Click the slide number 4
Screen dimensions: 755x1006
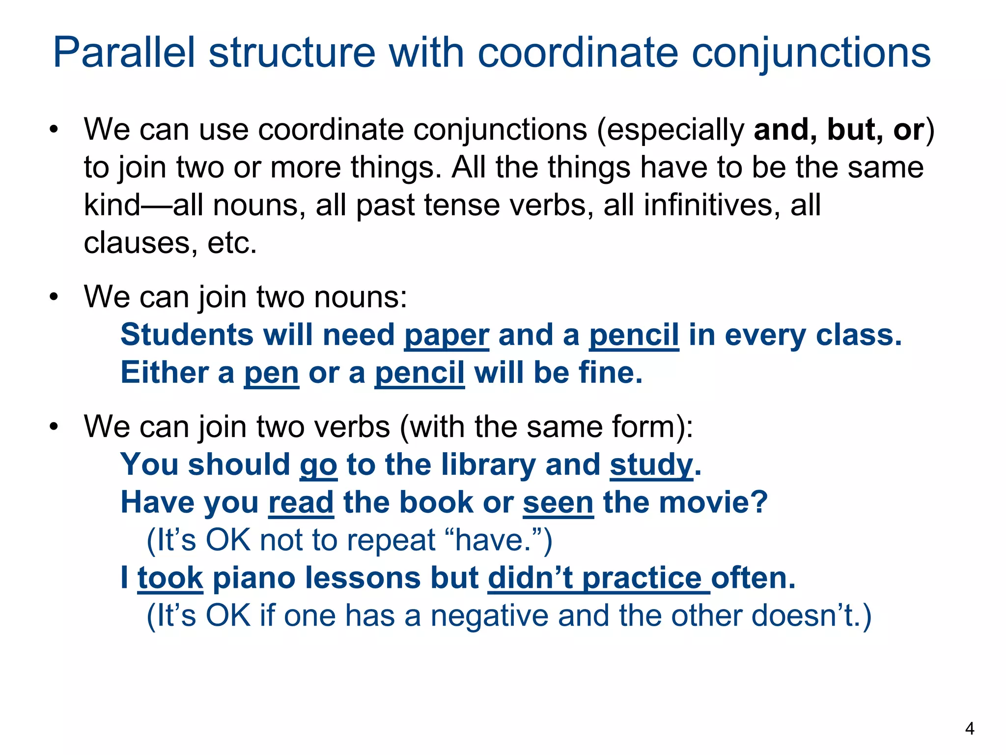969,728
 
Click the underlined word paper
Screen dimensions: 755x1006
447,336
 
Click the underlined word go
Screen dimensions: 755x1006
318,465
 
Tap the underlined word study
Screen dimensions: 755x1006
651,465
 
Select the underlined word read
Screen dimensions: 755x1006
301,502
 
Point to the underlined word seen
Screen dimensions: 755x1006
558,503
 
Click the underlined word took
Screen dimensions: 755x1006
170,578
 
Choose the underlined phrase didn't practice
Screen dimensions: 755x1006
598,578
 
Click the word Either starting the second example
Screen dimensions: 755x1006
164,373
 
